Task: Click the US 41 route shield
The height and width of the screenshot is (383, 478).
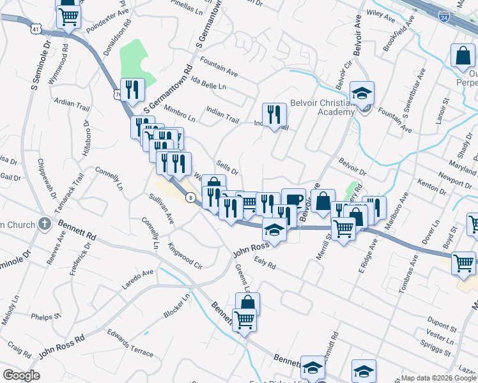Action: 35,29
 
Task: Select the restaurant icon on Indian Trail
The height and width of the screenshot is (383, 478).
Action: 274,115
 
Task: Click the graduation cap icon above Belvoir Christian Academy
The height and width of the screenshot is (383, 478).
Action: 362,93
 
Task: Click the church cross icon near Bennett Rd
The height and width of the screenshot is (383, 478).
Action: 44,223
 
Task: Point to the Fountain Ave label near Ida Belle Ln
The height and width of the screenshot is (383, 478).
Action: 219,63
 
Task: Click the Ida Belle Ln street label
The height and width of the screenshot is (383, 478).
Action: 209,85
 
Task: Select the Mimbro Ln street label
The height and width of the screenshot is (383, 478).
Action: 180,112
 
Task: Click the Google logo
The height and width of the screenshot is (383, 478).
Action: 21,375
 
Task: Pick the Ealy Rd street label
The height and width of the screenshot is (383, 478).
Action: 264,263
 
